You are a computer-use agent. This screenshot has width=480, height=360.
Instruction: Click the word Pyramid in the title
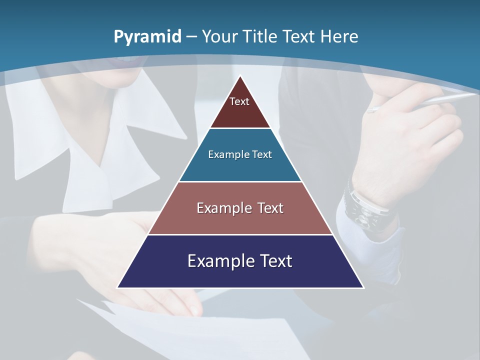click(x=147, y=37)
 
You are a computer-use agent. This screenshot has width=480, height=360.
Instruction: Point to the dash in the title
click(x=192, y=37)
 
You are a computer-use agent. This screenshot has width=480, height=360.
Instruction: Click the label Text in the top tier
click(x=239, y=101)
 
